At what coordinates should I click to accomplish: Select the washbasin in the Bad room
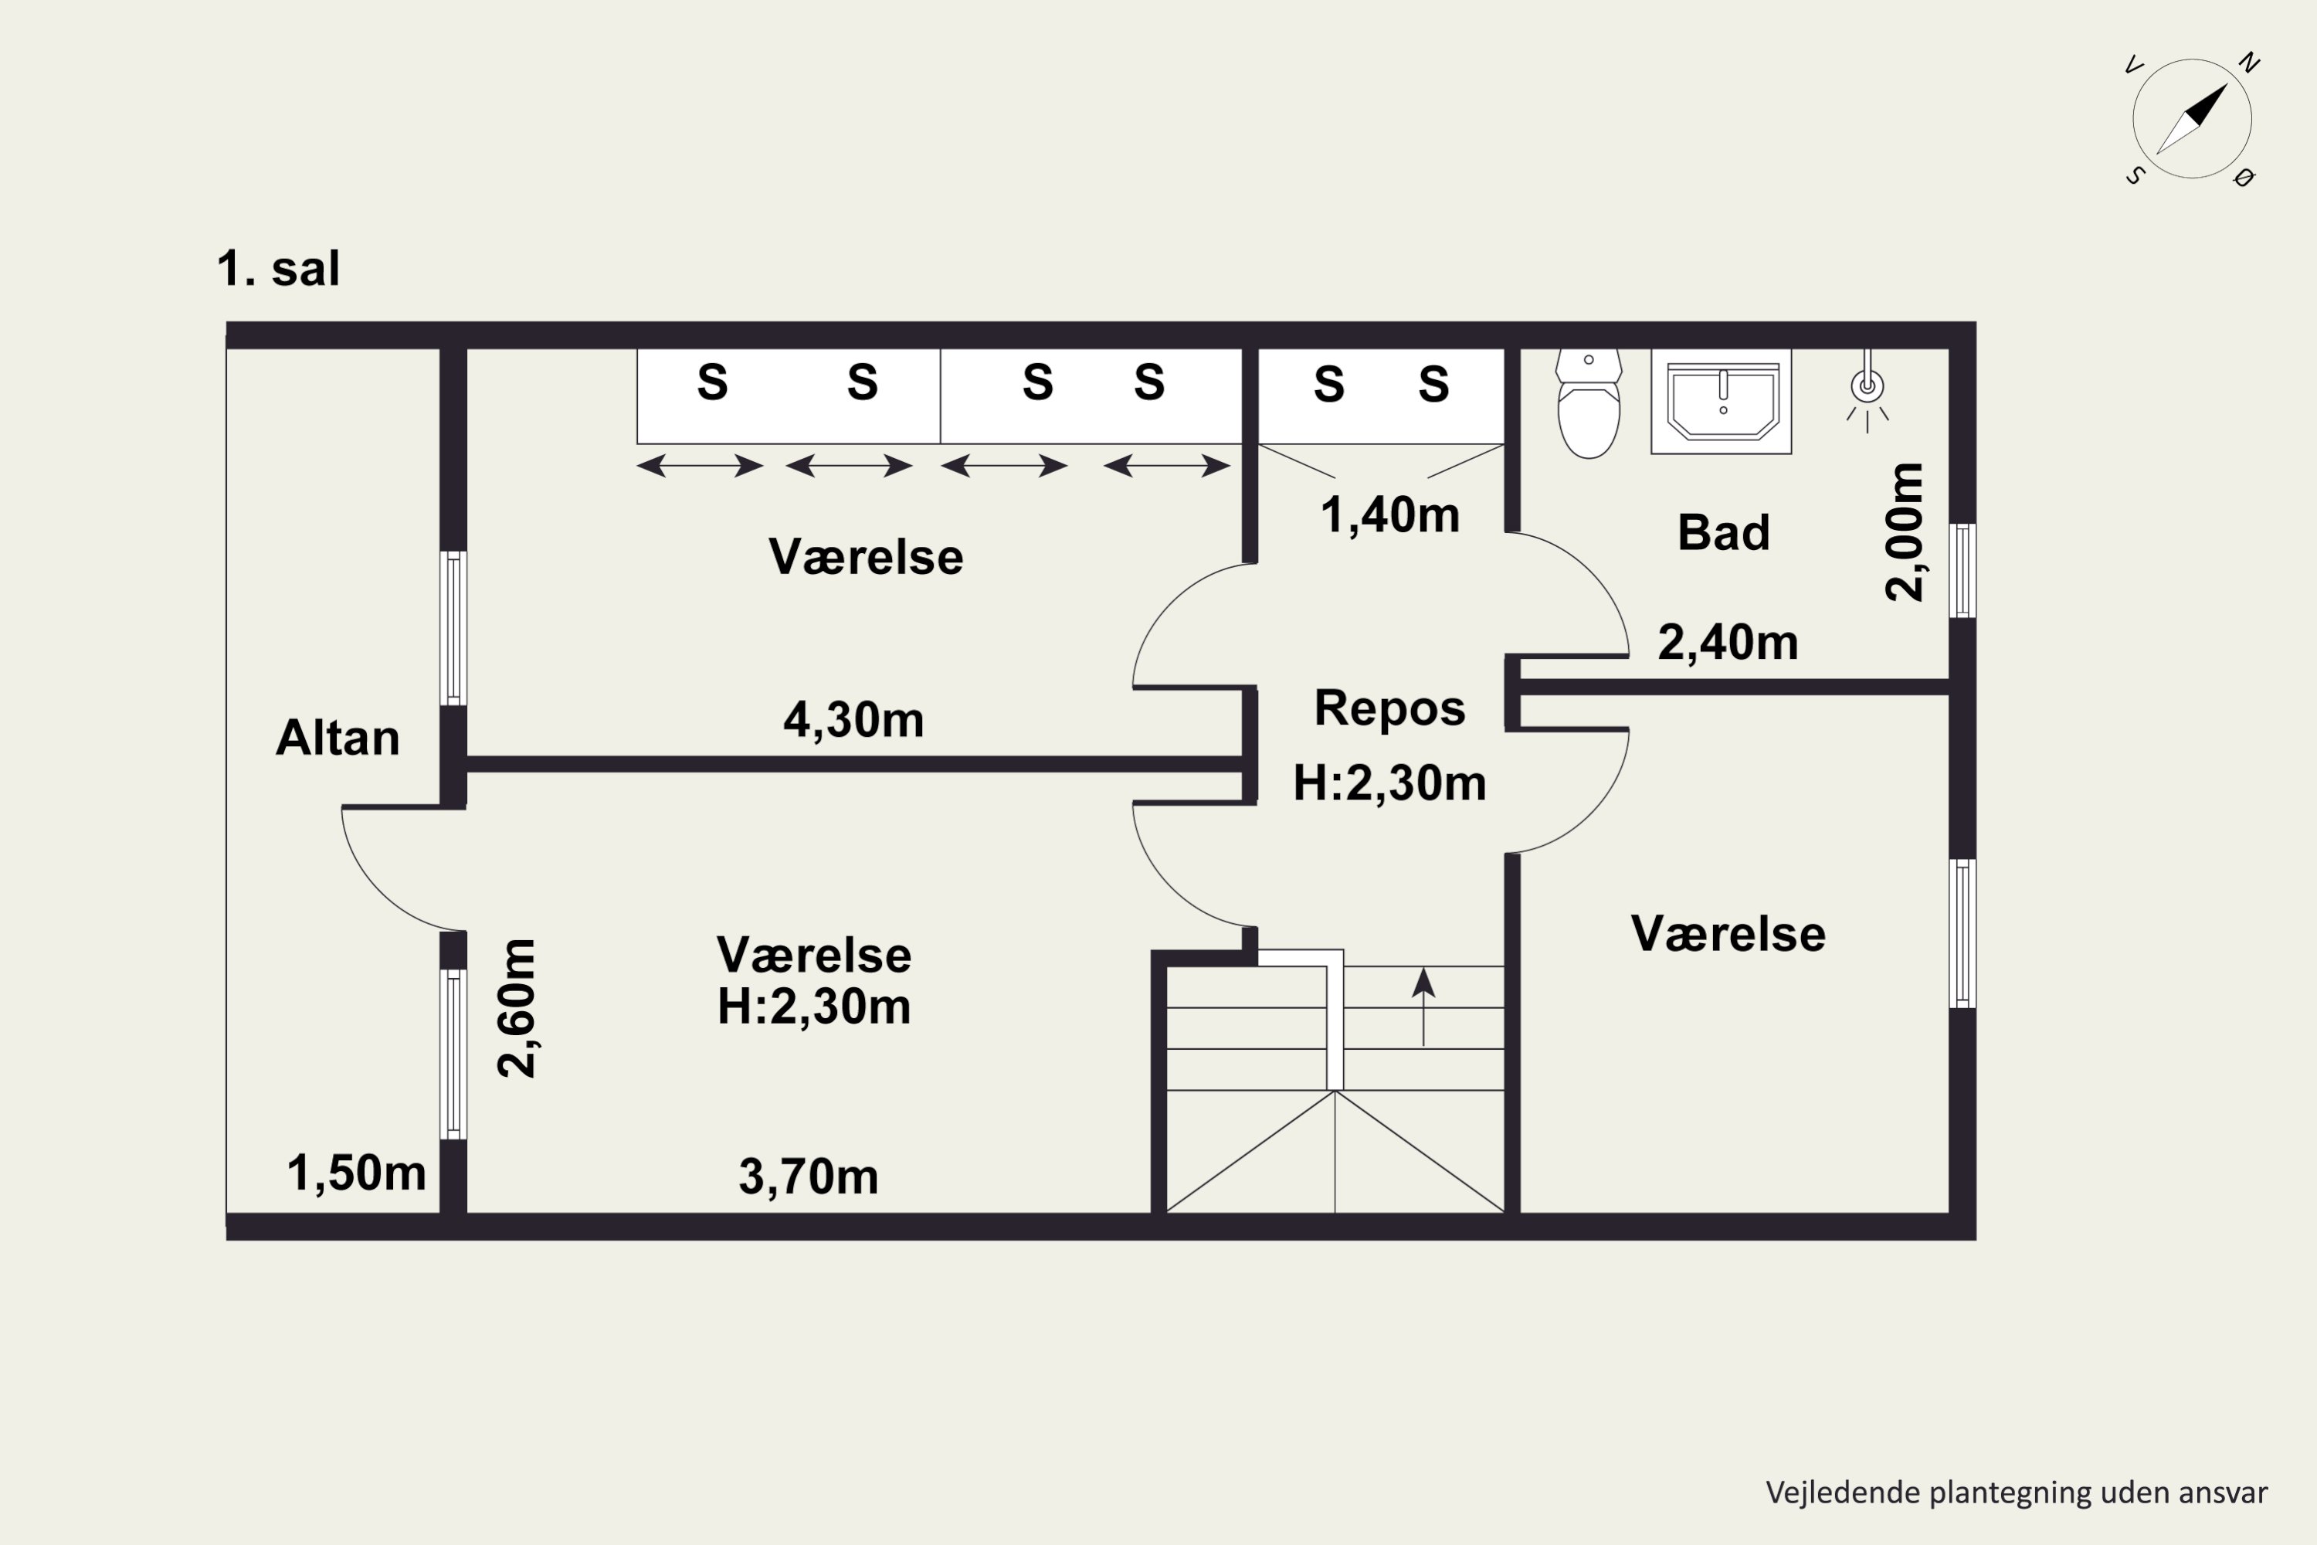point(1721,401)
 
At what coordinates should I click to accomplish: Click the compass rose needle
point(2192,119)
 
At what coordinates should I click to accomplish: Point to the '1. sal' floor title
point(279,269)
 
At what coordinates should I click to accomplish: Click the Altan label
point(338,737)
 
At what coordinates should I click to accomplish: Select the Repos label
point(1390,708)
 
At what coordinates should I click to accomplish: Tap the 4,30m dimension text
point(854,720)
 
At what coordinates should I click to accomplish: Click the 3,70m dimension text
point(809,1177)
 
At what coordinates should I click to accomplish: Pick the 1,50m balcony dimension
point(357,1173)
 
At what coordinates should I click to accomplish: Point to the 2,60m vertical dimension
point(517,1009)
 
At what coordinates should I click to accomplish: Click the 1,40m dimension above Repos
point(1390,515)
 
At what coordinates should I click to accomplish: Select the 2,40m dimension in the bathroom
point(1728,643)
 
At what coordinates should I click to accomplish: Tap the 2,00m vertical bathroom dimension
point(1905,532)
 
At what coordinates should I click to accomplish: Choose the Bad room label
point(1724,533)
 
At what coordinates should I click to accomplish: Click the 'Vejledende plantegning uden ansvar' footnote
point(2017,1492)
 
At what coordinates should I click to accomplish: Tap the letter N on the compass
point(2249,63)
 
